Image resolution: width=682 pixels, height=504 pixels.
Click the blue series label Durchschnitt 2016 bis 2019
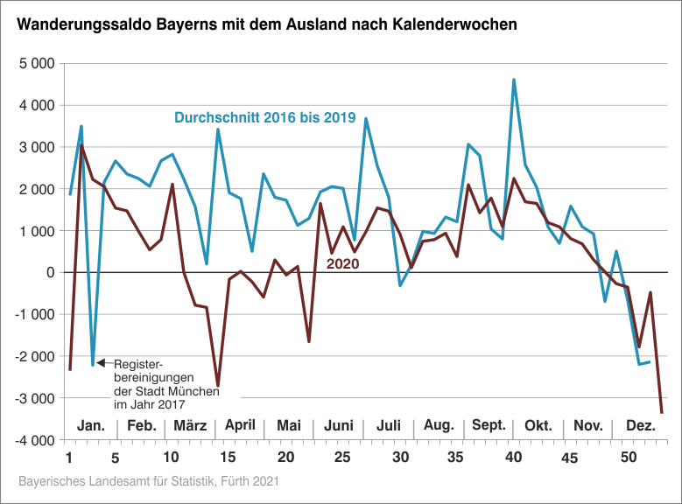click(264, 117)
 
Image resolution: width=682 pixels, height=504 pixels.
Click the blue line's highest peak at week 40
click(514, 80)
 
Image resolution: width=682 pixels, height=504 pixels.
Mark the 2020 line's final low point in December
click(662, 412)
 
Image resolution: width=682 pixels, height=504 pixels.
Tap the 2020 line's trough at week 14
click(218, 386)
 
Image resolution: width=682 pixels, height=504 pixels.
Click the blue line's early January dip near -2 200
click(93, 365)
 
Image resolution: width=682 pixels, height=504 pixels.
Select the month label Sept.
click(489, 425)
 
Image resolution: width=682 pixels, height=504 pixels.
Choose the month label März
click(190, 425)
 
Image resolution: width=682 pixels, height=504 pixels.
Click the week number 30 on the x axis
click(400, 457)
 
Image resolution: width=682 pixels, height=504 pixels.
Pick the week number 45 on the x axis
click(571, 457)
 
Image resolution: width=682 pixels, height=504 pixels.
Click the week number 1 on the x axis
click(69, 457)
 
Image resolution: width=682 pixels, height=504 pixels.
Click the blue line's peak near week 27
click(366, 118)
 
